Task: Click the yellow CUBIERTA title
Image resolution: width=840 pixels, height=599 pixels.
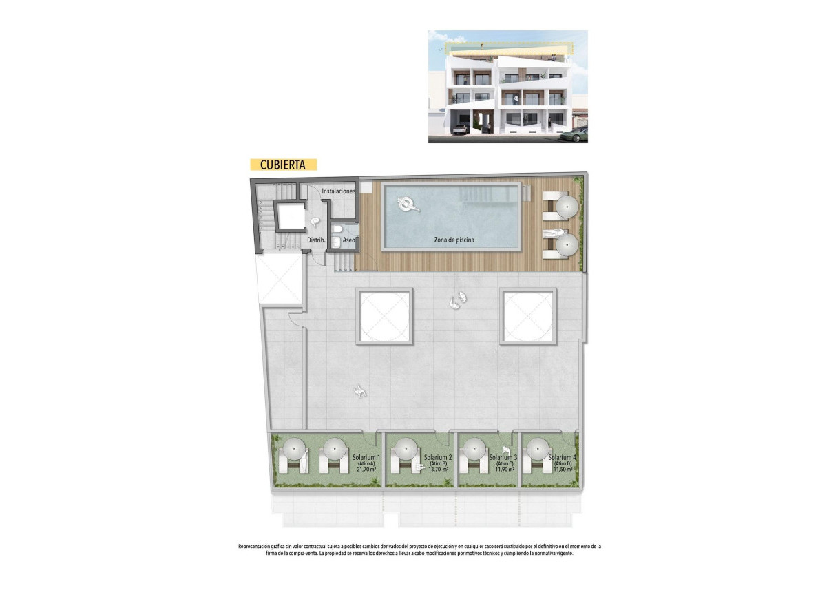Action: click(283, 165)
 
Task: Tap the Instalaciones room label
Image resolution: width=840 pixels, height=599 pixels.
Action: click(339, 191)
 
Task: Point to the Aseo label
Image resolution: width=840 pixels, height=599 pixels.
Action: click(349, 240)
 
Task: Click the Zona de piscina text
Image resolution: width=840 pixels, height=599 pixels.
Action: click(454, 240)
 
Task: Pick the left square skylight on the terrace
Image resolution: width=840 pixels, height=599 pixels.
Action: click(384, 316)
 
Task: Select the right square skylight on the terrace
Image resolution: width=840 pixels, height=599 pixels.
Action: click(528, 316)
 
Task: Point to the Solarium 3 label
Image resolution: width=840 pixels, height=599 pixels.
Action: click(503, 457)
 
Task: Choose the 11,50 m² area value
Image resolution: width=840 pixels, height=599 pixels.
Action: click(563, 470)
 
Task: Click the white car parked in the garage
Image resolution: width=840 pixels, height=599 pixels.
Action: click(459, 129)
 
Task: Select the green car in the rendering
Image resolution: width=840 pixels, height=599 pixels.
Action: click(576, 134)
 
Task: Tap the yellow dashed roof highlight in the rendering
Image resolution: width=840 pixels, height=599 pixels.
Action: click(510, 48)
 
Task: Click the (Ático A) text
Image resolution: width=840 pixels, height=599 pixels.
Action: click(366, 463)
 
